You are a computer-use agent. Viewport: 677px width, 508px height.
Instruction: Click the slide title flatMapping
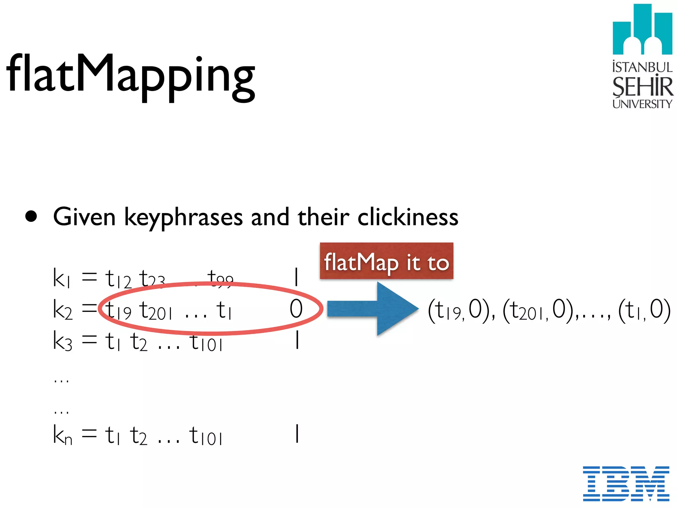(131, 74)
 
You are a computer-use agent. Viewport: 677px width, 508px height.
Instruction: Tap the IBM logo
(626, 483)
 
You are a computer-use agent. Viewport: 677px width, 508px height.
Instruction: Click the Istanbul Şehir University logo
(642, 56)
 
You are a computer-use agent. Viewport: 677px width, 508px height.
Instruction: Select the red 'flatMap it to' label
(386, 261)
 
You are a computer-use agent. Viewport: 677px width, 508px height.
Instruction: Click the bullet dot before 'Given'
(31, 217)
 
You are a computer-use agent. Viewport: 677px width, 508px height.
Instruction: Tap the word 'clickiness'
(408, 217)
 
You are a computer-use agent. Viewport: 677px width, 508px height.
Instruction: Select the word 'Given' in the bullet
(84, 217)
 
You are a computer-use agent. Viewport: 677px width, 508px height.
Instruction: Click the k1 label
(61, 278)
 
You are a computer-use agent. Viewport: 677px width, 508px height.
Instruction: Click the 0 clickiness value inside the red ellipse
(296, 309)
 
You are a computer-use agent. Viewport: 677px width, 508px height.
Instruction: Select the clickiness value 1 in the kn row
(297, 434)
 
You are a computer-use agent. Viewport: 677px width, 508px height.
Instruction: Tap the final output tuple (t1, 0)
(644, 310)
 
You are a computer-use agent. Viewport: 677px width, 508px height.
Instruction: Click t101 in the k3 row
(206, 343)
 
